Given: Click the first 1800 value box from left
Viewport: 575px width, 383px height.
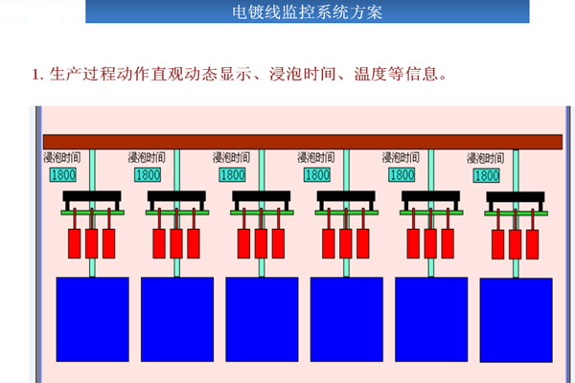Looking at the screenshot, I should (x=64, y=175).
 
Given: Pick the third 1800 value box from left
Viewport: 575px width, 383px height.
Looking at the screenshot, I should (x=233, y=175).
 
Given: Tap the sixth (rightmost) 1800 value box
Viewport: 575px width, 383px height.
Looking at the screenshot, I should (x=486, y=176).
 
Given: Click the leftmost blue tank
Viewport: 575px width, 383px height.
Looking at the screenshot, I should (x=92, y=319).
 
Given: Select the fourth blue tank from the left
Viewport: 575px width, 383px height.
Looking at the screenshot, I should (x=346, y=319).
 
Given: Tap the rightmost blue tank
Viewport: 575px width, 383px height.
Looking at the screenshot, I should (x=517, y=320).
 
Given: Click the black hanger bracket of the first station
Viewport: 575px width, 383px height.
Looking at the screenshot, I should (x=92, y=198).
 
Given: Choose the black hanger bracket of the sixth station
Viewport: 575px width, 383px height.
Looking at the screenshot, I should (x=516, y=199).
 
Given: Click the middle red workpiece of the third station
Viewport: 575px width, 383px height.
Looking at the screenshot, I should (x=262, y=242).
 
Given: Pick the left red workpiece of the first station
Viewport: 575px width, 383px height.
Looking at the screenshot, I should (x=75, y=242).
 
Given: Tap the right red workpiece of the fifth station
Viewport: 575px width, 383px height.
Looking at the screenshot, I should (x=448, y=242).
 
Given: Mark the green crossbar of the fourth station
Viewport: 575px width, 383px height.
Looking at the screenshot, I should (x=346, y=213).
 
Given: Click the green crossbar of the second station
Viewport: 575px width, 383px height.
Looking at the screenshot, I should (x=177, y=213).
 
